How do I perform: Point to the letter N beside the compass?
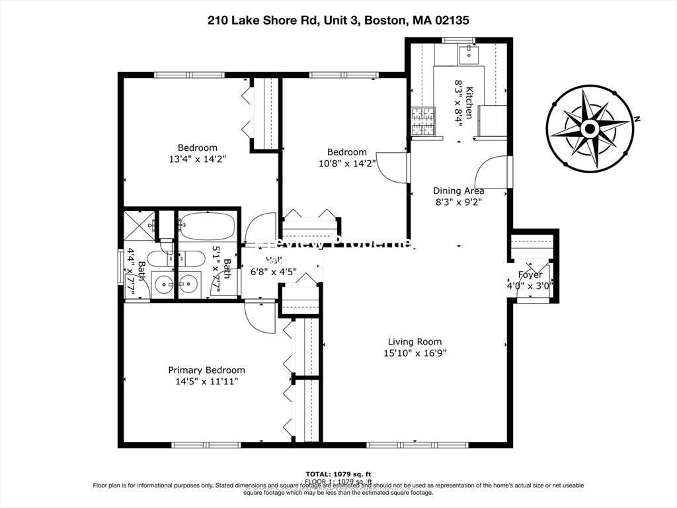point(638,119)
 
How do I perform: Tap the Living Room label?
point(415,341)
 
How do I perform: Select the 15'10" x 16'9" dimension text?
point(415,353)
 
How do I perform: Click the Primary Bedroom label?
point(206,370)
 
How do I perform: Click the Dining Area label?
point(458,191)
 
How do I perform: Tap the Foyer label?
point(530,275)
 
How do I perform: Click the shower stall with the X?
point(139,226)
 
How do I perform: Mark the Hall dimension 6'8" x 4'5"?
point(273,271)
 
